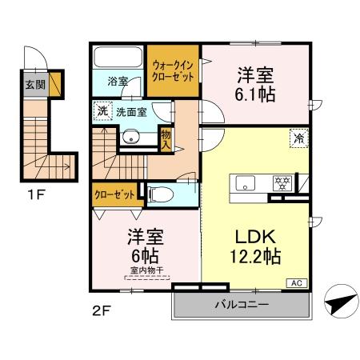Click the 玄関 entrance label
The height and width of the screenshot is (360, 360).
pos(34,84)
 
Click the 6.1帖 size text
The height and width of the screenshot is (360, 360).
pos(254,94)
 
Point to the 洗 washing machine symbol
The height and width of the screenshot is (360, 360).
pos(101,111)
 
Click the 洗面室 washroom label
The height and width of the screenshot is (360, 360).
pos(130,113)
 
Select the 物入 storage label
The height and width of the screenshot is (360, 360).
pos(166,142)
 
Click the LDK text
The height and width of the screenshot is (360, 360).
pos(254,238)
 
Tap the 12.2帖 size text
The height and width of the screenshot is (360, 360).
pos(254,258)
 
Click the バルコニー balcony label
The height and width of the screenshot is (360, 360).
pos(242,305)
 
